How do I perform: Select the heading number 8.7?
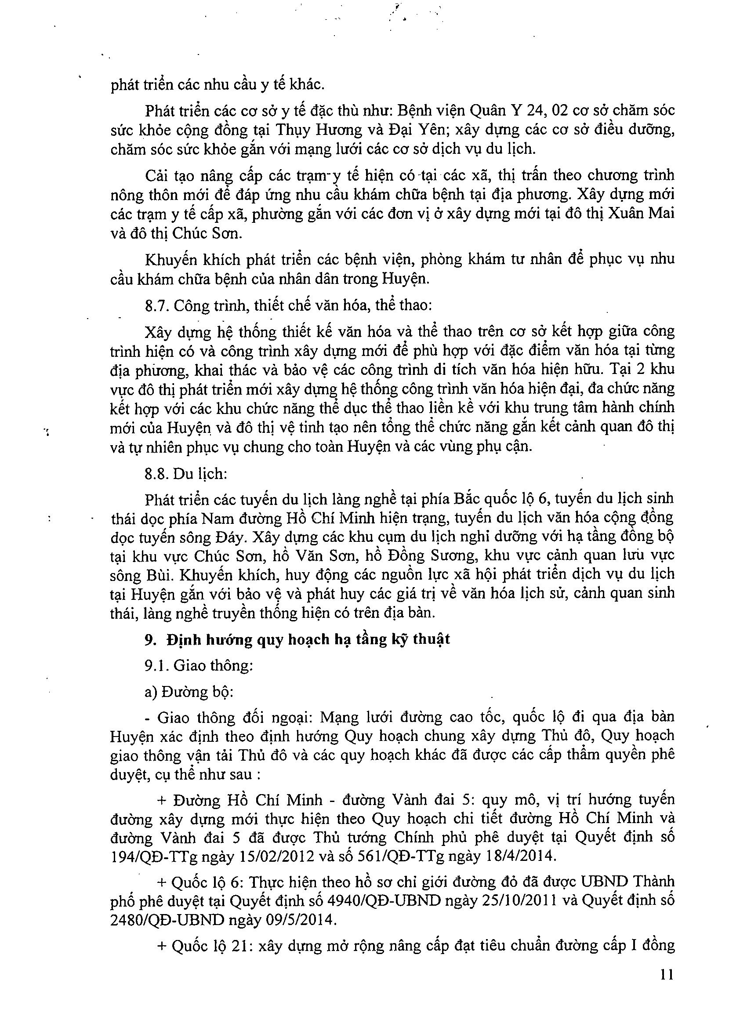coord(157,306)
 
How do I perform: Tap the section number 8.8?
coord(157,474)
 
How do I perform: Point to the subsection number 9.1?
coord(157,666)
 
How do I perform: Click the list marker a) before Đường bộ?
coord(151,692)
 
